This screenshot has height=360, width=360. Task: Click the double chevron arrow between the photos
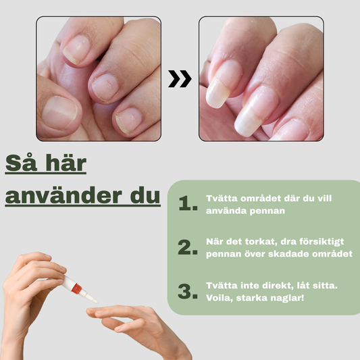tap(180, 79)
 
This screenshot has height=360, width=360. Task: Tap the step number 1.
tap(188, 203)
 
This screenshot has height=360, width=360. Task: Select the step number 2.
tap(188, 247)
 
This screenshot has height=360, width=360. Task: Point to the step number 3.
tap(188, 291)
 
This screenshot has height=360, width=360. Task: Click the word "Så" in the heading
tap(21, 163)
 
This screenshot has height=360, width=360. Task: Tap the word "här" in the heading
tap(66, 163)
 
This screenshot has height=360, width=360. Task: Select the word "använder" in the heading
tap(63, 195)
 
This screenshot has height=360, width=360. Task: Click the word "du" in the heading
tap(145, 195)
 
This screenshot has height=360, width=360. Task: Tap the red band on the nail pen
tap(76, 288)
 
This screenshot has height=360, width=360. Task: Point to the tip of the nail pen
tap(97, 303)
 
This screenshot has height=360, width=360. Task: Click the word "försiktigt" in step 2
tap(322, 242)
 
